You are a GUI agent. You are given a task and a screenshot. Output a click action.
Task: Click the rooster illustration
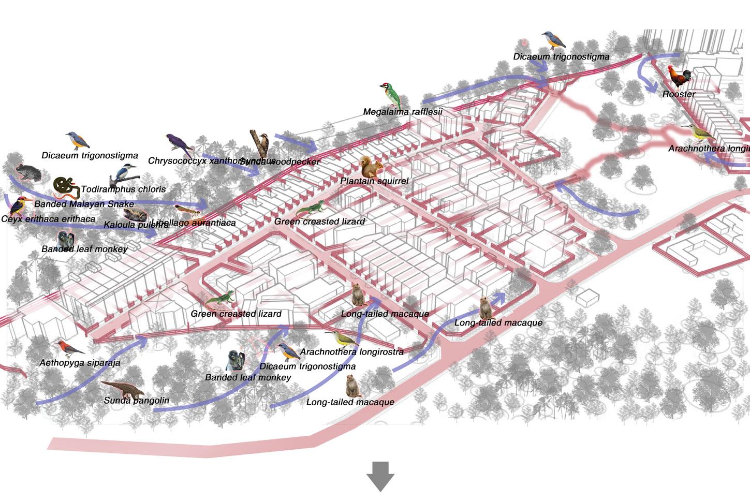679,77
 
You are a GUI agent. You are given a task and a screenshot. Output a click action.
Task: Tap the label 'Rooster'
679,94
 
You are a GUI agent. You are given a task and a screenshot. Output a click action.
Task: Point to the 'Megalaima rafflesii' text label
402,112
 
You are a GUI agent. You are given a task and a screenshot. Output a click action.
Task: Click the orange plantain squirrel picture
372,166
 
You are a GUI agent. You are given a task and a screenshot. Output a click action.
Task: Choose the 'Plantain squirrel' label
374,181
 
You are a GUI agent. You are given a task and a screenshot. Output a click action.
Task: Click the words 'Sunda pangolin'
136,401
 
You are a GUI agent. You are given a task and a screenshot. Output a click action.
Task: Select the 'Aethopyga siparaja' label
80,363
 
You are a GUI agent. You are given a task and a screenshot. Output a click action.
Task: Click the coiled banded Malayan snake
66,188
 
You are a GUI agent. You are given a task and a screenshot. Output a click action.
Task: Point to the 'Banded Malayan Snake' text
84,204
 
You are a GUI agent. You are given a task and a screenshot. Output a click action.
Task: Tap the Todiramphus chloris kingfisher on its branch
124,172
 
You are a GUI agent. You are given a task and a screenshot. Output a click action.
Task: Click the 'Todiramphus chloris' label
123,189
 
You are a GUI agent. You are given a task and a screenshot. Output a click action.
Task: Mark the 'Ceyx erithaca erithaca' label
48,219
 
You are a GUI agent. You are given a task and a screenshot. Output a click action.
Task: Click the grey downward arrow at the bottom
380,476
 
